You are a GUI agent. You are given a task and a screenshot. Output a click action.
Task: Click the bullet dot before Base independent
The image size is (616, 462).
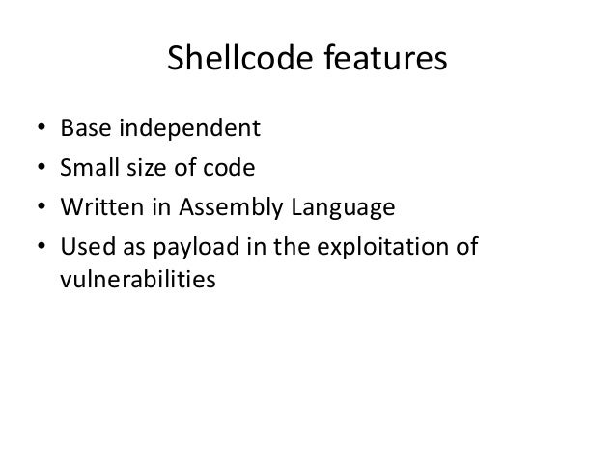(x=38, y=128)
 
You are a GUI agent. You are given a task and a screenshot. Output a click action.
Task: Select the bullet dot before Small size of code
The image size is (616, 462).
(x=38, y=169)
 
